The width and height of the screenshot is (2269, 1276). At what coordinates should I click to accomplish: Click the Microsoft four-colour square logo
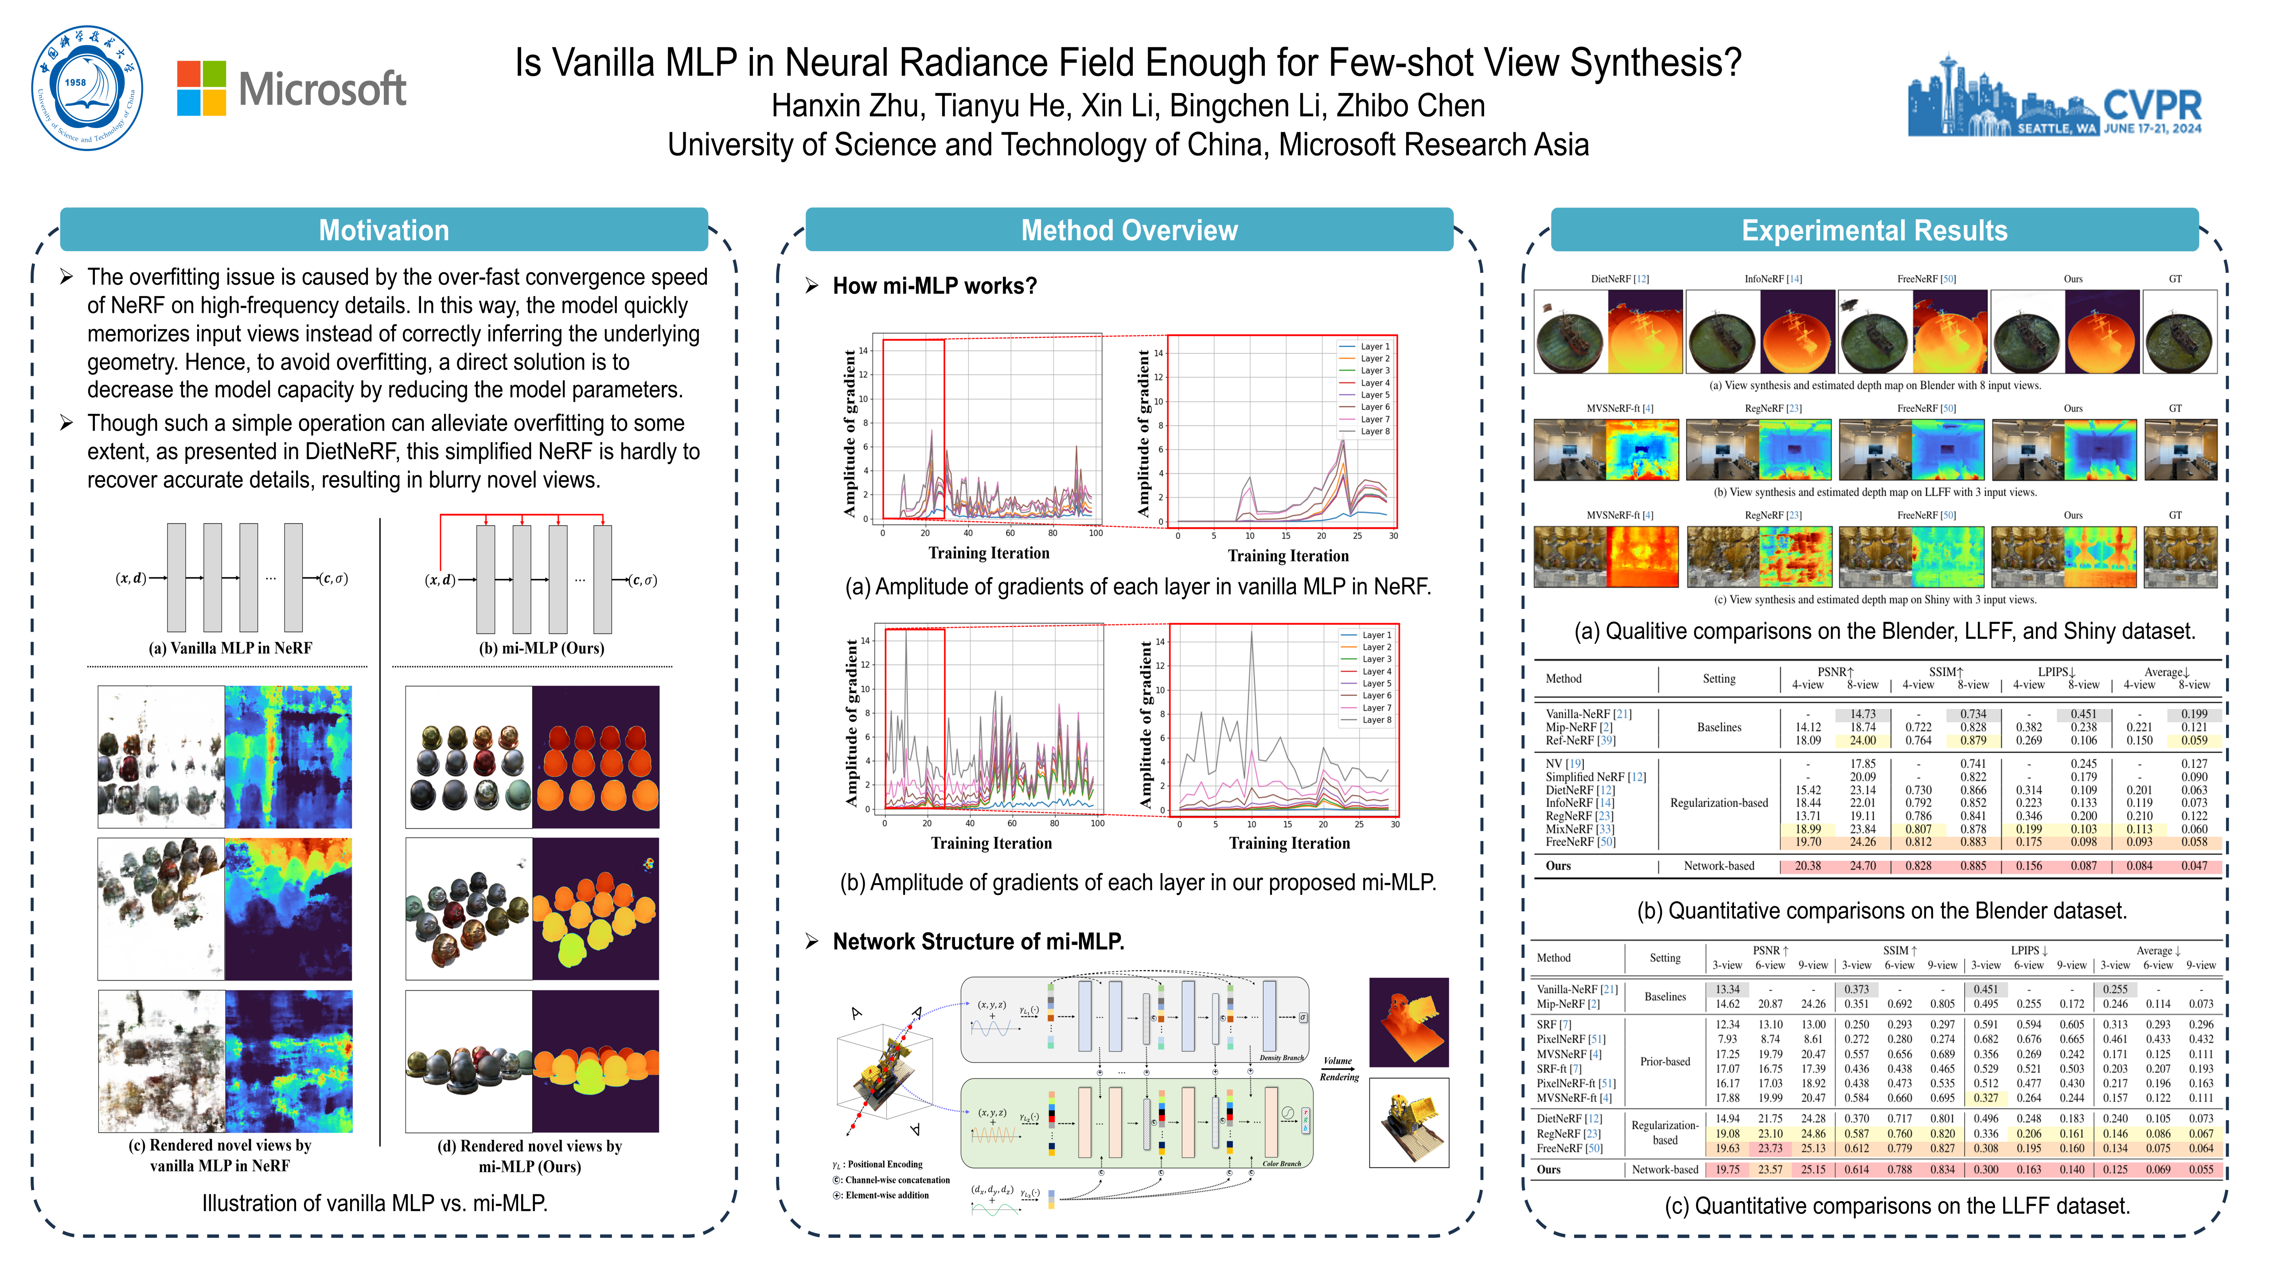(x=202, y=88)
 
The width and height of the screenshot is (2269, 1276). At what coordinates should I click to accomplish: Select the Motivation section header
(x=384, y=231)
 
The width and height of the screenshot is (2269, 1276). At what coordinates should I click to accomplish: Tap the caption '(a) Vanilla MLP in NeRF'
(x=230, y=648)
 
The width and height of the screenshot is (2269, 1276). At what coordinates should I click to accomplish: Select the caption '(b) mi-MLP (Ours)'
(x=541, y=648)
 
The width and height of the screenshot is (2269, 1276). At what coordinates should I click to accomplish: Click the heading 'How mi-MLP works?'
(x=935, y=286)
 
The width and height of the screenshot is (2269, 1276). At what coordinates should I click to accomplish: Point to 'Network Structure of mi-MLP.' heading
(x=978, y=941)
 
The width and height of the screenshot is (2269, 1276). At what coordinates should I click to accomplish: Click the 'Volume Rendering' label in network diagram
(x=1339, y=1068)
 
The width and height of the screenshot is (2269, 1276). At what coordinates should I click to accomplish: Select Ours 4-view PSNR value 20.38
(x=1808, y=866)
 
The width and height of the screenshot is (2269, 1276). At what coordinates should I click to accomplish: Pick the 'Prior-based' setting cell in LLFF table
(x=1665, y=1061)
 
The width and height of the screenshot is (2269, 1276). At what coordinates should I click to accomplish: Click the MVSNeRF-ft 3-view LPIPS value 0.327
(x=1985, y=1098)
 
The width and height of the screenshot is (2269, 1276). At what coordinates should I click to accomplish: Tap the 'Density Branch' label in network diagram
(x=1281, y=1058)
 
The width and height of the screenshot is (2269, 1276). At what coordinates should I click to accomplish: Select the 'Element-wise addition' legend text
(x=886, y=1195)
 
